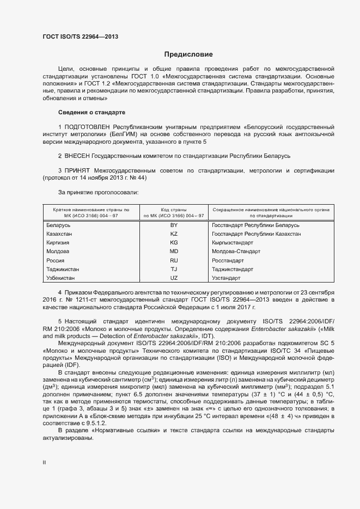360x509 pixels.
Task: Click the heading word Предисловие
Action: pyautogui.click(x=188, y=54)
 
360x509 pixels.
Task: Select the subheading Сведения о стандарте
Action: pyautogui.click(x=91, y=112)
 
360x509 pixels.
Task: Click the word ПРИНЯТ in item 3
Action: pyautogui.click(x=77, y=170)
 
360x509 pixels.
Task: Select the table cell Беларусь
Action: pyautogui.click(x=58, y=225)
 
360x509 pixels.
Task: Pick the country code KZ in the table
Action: pyautogui.click(x=174, y=234)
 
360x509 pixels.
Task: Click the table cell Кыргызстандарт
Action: pyautogui.click(x=233, y=242)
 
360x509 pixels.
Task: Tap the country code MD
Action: pyautogui.click(x=174, y=252)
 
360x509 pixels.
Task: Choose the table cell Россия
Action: pyautogui.click(x=56, y=260)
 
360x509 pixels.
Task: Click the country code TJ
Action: pyautogui.click(x=174, y=269)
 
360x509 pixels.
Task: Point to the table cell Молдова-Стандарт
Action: pyautogui.click(x=236, y=252)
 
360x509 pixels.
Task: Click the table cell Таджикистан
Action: pyautogui.click(x=62, y=269)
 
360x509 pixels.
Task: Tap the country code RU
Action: pyautogui.click(x=174, y=260)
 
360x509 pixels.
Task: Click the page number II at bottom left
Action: pyautogui.click(x=44, y=462)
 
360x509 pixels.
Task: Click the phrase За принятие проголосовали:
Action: pyautogui.click(x=98, y=192)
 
